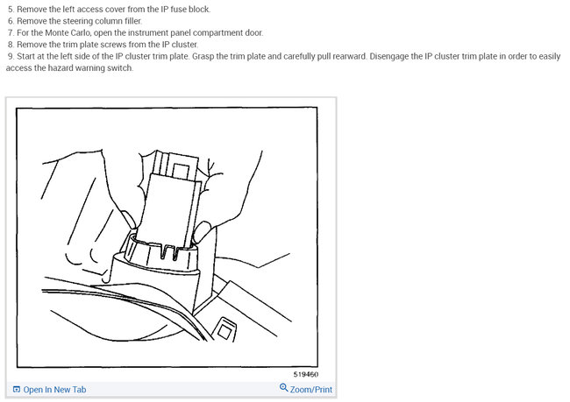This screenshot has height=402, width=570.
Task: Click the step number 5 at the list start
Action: (10, 10)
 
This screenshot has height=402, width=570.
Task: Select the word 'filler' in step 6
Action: (127, 21)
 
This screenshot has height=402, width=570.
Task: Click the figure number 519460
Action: (307, 374)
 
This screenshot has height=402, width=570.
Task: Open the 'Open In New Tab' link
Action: (54, 390)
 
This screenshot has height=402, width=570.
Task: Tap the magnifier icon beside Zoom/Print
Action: (283, 389)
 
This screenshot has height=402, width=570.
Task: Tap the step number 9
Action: (10, 55)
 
